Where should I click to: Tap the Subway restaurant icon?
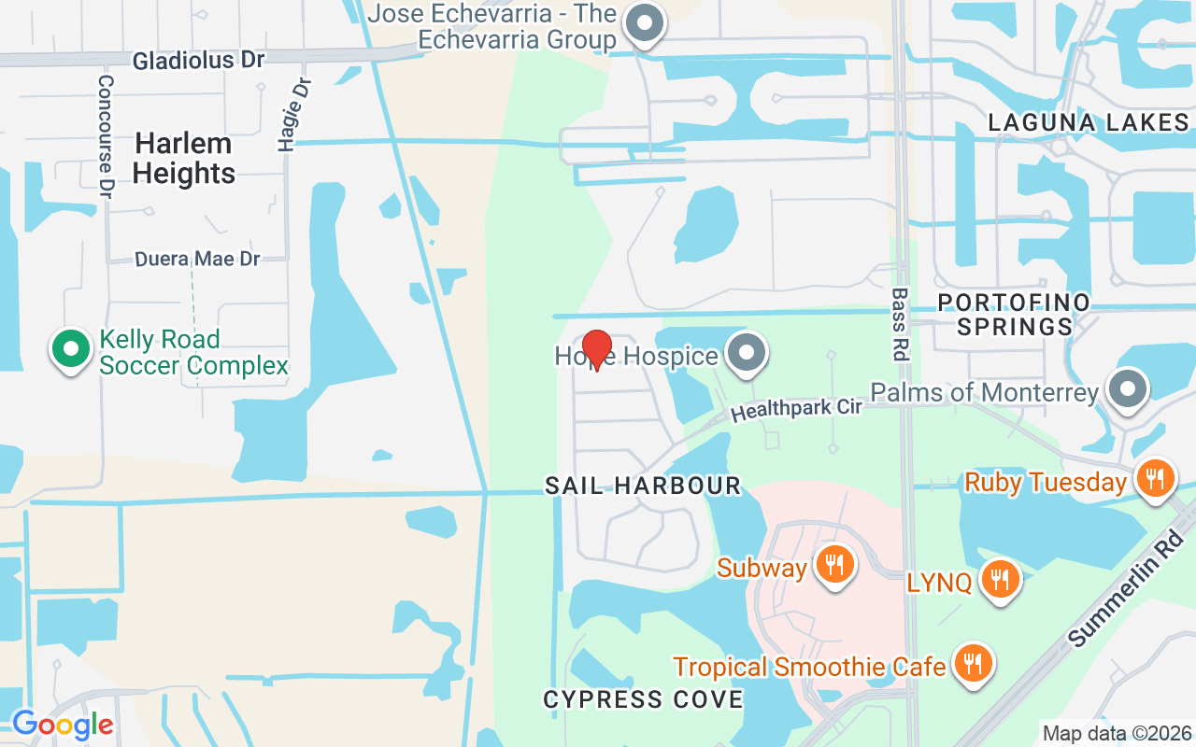(x=834, y=565)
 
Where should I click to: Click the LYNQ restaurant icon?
(x=1000, y=579)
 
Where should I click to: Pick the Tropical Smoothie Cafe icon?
(x=974, y=663)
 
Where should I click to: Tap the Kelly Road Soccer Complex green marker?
(x=68, y=349)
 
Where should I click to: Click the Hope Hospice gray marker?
(x=746, y=353)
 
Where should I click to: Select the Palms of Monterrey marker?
(x=1127, y=388)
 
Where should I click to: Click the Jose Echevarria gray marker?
(x=643, y=23)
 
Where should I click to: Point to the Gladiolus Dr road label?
(x=198, y=61)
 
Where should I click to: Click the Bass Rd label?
(x=900, y=323)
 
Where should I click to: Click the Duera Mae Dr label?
(x=197, y=259)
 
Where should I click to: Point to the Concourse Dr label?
(x=106, y=135)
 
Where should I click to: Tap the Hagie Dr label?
(x=294, y=113)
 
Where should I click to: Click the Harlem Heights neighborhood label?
(x=184, y=158)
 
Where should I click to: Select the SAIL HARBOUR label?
(x=643, y=486)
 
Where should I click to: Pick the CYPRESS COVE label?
(x=643, y=699)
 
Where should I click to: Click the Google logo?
(x=63, y=725)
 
